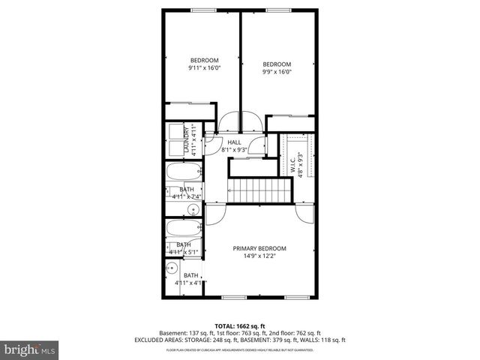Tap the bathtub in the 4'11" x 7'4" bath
pyautogui.click(x=182, y=172)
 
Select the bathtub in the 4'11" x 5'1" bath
pyautogui.click(x=182, y=228)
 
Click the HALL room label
pyautogui.click(x=234, y=142)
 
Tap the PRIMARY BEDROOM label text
pyautogui.click(x=259, y=249)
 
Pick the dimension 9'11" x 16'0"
pyautogui.click(x=203, y=68)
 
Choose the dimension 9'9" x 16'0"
pyautogui.click(x=276, y=73)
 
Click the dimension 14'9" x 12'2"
pyautogui.click(x=259, y=256)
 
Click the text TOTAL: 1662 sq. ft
pyautogui.click(x=239, y=326)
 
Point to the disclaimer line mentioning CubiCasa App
pyautogui.click(x=239, y=349)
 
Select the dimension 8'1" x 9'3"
pyautogui.click(x=234, y=149)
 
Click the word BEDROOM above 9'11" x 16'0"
pyautogui.click(x=203, y=61)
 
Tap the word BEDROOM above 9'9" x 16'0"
pyautogui.click(x=276, y=64)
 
